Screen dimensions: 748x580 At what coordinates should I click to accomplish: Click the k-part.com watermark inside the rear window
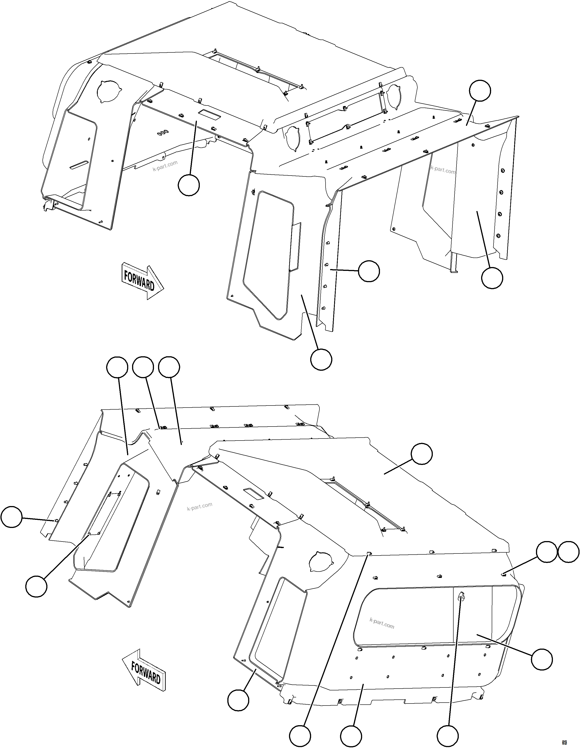click(382, 623)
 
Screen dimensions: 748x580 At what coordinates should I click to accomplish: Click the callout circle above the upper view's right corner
click(480, 91)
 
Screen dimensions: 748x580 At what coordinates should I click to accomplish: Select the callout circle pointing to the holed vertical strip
click(369, 271)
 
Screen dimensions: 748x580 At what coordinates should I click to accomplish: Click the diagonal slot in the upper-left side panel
click(79, 165)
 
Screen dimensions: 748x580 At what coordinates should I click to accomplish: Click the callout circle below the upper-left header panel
click(189, 185)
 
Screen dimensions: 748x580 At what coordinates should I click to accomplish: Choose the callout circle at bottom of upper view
click(321, 359)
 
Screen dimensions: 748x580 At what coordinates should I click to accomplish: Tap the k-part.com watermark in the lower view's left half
click(200, 506)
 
